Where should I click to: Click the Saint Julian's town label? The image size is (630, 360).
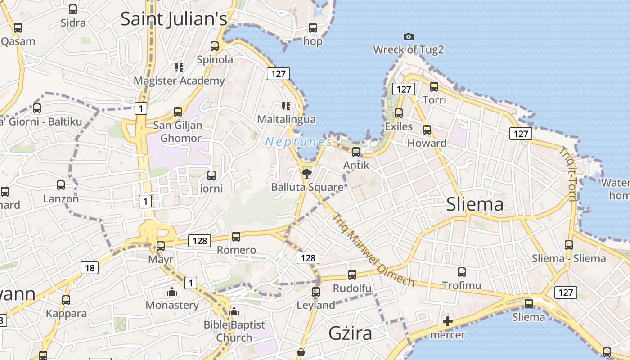point(174,19)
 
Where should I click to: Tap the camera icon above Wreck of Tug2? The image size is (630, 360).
point(408,36)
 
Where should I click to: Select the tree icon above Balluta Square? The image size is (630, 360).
point(307,174)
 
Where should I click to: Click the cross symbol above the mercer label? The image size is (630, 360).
point(447,321)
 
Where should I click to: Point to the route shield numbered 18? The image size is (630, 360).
point(90,268)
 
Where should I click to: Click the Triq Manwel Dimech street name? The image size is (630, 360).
point(373,249)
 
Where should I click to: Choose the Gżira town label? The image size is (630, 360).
point(350,333)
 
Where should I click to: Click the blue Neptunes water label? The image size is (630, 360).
point(299,142)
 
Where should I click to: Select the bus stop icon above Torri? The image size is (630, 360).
point(434,86)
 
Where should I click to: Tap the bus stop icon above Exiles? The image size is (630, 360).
point(399,113)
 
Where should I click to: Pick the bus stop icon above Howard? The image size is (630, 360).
point(427,130)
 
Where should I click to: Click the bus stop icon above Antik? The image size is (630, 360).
point(356,152)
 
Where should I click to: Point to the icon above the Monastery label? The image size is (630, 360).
point(172,292)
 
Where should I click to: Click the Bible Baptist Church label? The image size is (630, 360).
point(234,331)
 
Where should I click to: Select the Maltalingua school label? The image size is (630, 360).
point(286,119)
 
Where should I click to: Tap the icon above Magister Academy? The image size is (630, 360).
point(179,67)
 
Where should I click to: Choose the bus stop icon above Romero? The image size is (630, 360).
point(236,236)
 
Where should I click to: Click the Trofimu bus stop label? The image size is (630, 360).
point(461,285)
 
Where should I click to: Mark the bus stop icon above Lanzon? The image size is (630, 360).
point(61,185)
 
